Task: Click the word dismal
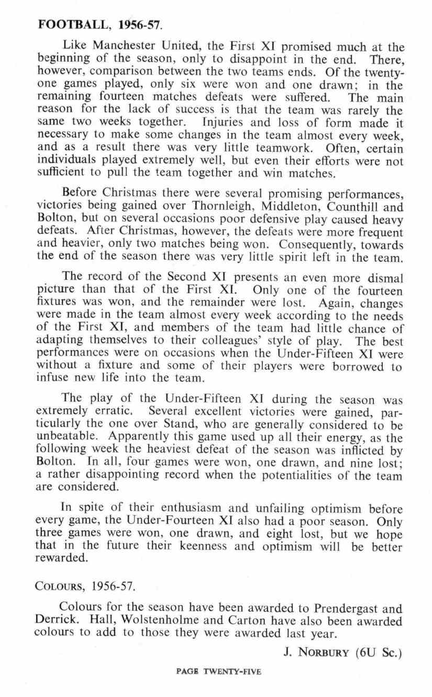click(x=383, y=278)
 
